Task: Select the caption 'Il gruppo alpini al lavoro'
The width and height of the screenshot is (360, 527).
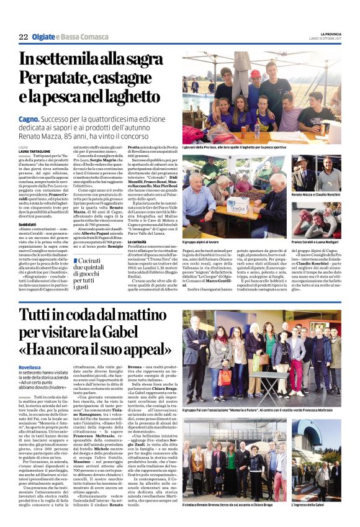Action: tap(201, 241)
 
